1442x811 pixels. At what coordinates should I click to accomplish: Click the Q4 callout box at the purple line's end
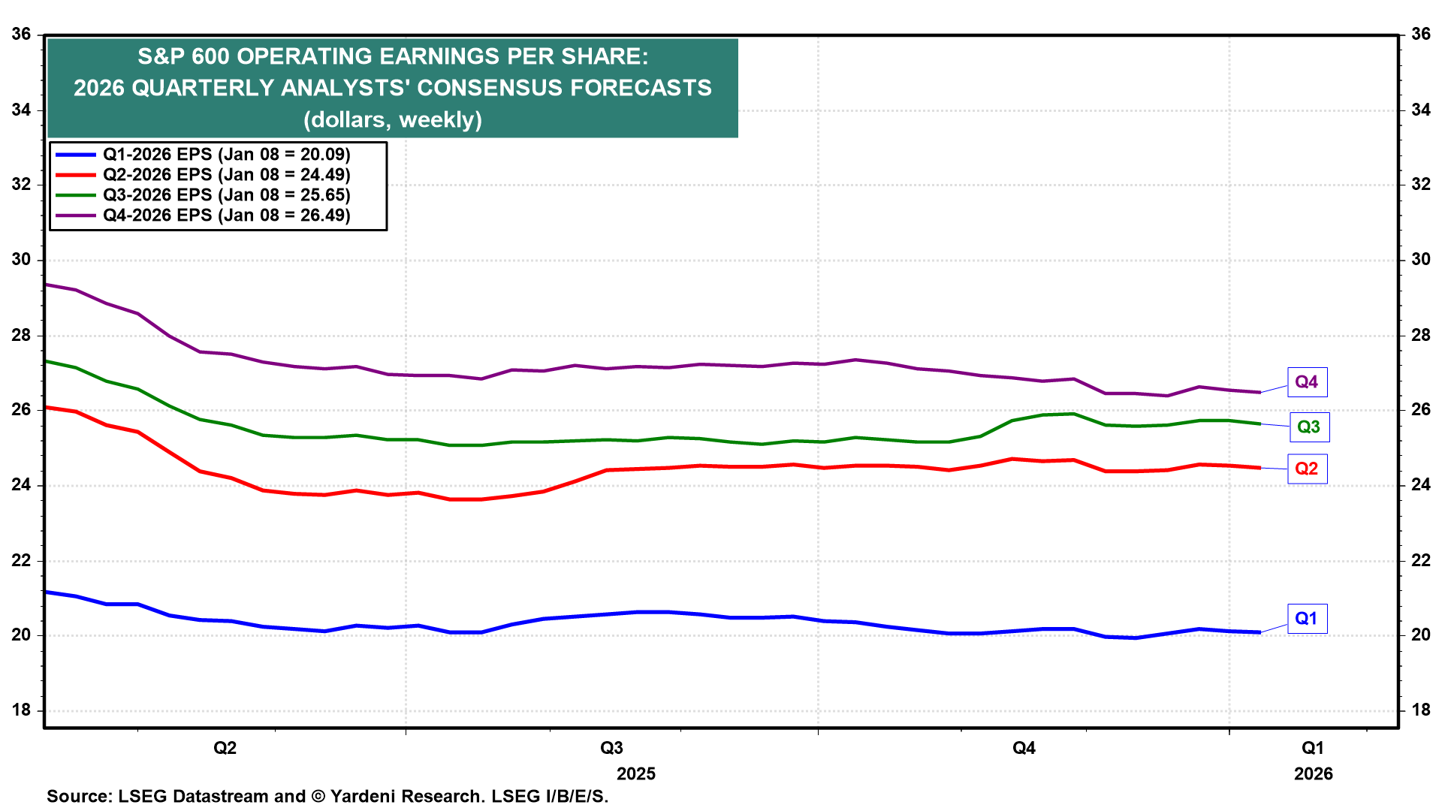(x=1307, y=382)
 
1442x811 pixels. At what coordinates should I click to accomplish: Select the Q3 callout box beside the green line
(x=1309, y=427)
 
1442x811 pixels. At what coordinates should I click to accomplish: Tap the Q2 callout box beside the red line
(x=1307, y=469)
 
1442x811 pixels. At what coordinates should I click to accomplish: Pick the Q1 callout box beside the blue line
(x=1307, y=619)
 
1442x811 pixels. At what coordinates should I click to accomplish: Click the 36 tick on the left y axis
(x=21, y=35)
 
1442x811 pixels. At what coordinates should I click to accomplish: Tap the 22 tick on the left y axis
(x=21, y=560)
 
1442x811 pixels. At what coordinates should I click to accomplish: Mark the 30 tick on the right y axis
(x=1420, y=260)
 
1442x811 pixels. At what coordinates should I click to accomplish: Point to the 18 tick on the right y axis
(x=1420, y=710)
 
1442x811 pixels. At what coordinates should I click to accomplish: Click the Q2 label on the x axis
(x=225, y=748)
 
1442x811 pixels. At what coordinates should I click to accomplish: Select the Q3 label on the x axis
(x=611, y=748)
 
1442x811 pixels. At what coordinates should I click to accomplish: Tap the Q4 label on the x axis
(x=1024, y=748)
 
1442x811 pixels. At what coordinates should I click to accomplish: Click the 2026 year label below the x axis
(x=1313, y=774)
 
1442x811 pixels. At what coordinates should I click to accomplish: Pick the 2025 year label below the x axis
(x=636, y=774)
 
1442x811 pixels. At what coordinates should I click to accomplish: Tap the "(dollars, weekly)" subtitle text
(x=393, y=120)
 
